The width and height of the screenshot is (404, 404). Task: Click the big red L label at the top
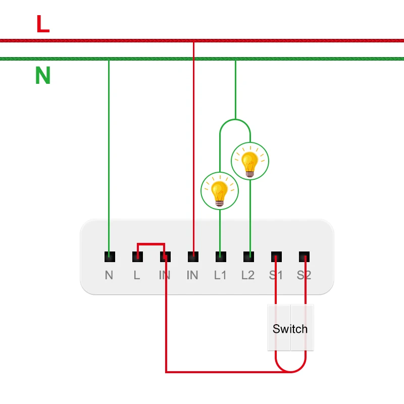click(43, 24)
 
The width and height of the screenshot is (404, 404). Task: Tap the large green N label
click(43, 76)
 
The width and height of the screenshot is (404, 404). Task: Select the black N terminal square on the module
click(109, 257)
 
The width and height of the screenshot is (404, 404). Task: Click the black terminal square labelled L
click(137, 257)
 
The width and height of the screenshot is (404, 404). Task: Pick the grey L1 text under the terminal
click(220, 275)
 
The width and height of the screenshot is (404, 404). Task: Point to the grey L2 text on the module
click(248, 275)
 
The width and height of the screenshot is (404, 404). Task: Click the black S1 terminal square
click(276, 257)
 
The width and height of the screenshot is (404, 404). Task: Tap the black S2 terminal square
click(304, 257)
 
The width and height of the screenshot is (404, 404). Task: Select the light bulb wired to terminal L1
click(219, 190)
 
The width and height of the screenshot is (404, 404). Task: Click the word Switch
click(290, 329)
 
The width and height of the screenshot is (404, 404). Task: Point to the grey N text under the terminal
click(109, 275)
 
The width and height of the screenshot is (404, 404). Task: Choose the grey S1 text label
click(276, 275)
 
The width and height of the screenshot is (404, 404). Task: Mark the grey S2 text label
click(304, 275)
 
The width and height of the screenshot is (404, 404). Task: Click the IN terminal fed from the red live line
click(193, 257)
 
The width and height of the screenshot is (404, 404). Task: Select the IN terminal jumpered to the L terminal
click(165, 257)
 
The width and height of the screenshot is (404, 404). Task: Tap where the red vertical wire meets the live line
click(193, 40)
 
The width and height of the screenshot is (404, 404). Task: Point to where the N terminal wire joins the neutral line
click(109, 59)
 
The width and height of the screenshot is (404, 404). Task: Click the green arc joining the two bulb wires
click(235, 120)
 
